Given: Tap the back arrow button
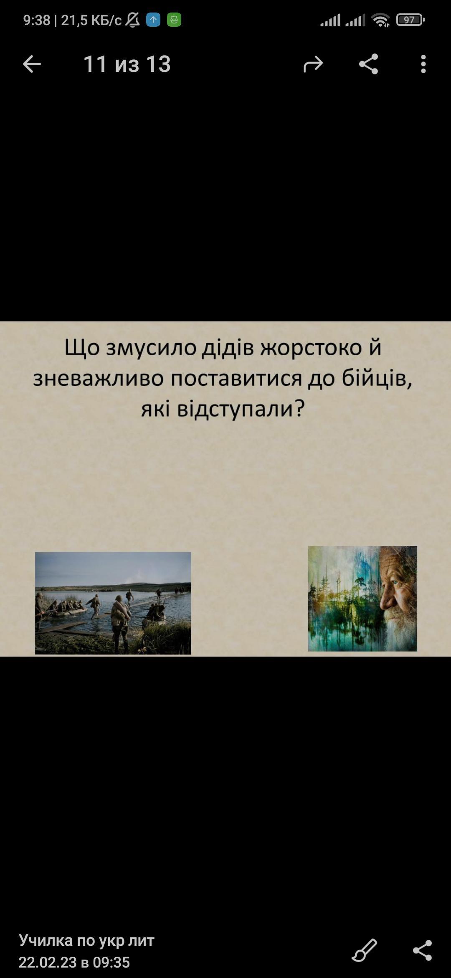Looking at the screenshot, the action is (x=32, y=64).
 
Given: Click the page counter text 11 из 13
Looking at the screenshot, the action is (x=127, y=64).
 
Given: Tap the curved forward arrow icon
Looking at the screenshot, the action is (x=313, y=64).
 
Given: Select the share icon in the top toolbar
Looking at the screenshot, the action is (x=368, y=64).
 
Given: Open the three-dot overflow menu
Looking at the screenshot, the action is (x=423, y=64).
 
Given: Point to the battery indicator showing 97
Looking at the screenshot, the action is (x=410, y=20).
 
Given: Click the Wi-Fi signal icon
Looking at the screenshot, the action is (x=380, y=20).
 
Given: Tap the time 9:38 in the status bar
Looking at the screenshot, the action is (x=37, y=20).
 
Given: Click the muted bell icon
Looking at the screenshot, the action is (x=133, y=20).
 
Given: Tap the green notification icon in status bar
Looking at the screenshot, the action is (x=174, y=20).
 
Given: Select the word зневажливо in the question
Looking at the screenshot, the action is (x=99, y=378).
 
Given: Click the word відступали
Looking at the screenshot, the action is (x=236, y=409).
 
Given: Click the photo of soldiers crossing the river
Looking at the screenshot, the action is (x=113, y=603).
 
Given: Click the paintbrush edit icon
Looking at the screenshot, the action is (x=365, y=950).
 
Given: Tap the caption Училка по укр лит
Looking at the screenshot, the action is (x=86, y=940).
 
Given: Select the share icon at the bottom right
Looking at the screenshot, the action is (x=423, y=950).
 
